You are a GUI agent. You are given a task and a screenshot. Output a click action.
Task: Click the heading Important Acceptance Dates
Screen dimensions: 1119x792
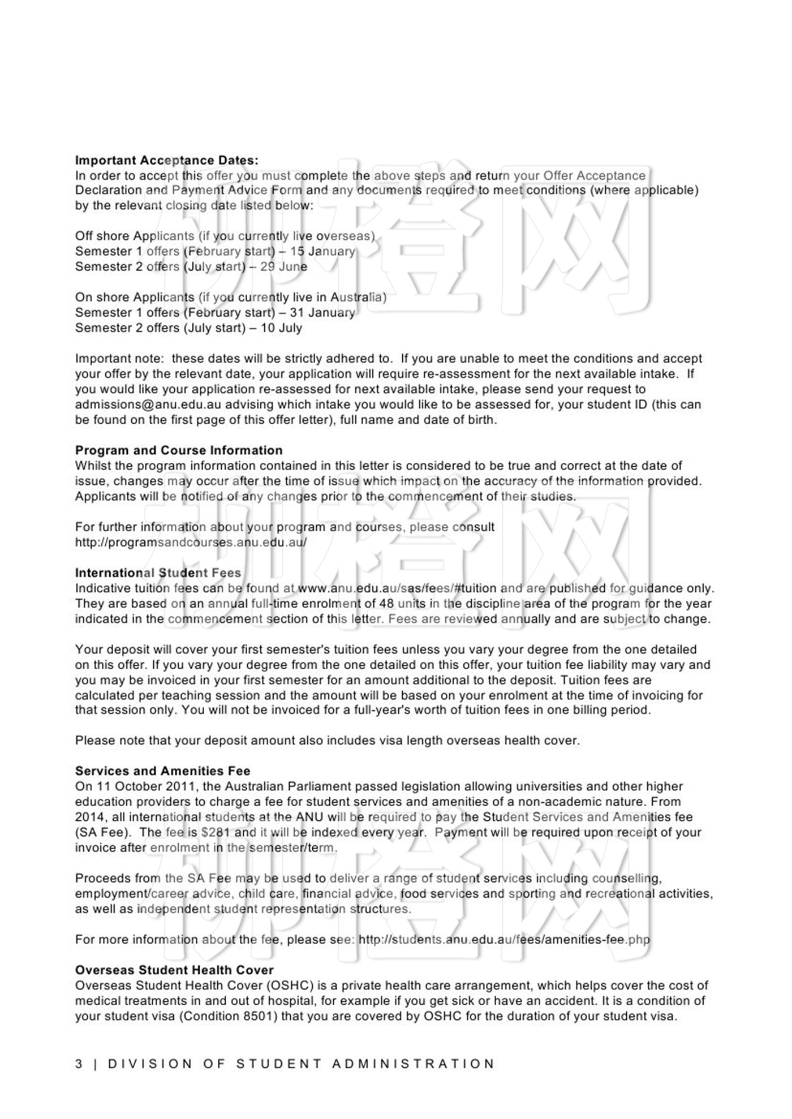pyautogui.click(x=166, y=161)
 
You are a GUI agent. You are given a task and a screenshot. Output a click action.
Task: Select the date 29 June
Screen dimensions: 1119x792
pyautogui.click(x=283, y=266)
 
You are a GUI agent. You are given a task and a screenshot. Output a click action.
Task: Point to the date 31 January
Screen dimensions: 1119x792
pyautogui.click(x=322, y=312)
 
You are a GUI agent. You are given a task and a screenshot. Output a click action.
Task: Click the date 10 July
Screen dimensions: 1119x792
pyautogui.click(x=281, y=328)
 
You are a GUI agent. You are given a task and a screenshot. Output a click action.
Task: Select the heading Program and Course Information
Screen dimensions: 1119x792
pyautogui.click(x=179, y=450)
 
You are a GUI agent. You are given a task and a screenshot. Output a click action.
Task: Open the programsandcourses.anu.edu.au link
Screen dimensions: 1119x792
pyautogui.click(x=191, y=542)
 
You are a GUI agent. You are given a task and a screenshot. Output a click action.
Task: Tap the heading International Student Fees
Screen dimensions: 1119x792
pyautogui.click(x=158, y=573)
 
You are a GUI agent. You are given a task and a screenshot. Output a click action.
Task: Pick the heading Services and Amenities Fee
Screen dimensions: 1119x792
pyautogui.click(x=162, y=771)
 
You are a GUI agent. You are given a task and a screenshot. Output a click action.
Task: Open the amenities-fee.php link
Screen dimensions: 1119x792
pyautogui.click(x=504, y=940)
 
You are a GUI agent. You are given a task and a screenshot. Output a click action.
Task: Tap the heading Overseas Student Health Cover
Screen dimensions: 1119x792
pyautogui.click(x=174, y=970)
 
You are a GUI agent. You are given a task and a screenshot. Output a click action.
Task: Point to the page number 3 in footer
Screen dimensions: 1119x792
pyautogui.click(x=79, y=1064)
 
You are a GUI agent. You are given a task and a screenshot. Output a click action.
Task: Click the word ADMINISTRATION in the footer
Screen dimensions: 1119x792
pyautogui.click(x=414, y=1064)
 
